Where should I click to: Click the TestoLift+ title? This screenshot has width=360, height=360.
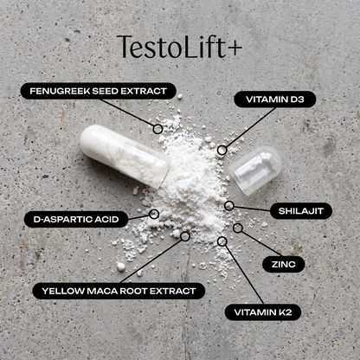click(179, 47)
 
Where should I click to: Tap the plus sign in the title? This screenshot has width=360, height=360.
click(235, 48)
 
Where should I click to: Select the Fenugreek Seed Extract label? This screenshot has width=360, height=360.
click(99, 91)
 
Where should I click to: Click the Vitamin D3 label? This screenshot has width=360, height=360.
click(275, 100)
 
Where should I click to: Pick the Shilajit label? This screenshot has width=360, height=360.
click(301, 211)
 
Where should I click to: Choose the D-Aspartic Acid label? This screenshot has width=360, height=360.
click(76, 219)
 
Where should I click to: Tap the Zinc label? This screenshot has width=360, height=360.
click(284, 264)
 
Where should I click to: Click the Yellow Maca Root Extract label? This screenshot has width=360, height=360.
click(119, 291)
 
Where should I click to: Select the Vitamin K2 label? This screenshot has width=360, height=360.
click(263, 312)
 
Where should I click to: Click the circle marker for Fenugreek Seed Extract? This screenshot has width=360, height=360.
click(157, 129)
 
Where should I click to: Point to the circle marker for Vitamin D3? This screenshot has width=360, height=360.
click(222, 150)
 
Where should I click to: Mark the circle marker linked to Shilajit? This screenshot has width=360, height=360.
click(229, 206)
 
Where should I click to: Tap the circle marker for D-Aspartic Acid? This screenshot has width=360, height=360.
click(154, 214)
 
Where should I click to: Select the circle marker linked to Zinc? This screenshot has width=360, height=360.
click(238, 228)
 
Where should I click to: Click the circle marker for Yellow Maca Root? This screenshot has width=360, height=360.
click(185, 236)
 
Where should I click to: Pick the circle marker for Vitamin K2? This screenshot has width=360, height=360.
click(222, 241)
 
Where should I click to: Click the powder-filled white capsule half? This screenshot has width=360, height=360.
click(125, 156)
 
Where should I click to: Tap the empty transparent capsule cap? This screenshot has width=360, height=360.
click(255, 170)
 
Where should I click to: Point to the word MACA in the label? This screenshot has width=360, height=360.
click(102, 291)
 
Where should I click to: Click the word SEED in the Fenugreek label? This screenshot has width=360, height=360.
click(105, 91)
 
